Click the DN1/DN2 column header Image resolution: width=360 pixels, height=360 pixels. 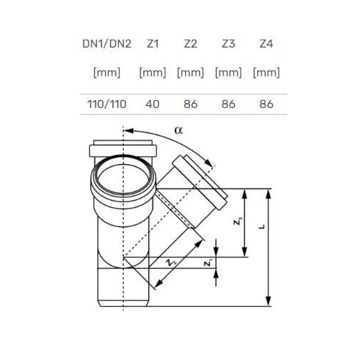(x=107, y=44)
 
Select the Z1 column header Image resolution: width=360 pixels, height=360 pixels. (x=153, y=44)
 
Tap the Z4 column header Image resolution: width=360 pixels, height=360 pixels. (x=266, y=44)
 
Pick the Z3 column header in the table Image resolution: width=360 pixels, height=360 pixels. (x=228, y=44)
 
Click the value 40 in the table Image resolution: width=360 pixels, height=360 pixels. (x=153, y=104)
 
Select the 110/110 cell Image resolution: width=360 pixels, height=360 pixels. (x=107, y=104)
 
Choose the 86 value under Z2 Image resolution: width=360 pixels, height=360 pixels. (x=191, y=104)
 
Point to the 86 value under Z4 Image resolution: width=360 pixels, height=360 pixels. (x=266, y=104)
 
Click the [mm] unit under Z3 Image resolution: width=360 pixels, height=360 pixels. (x=228, y=73)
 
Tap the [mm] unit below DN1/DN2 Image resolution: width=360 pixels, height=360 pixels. (x=107, y=73)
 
